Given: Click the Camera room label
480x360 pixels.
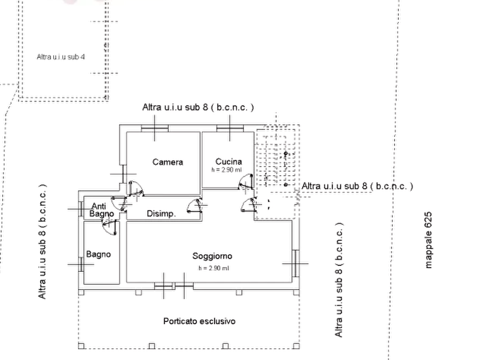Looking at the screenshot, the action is click(x=168, y=162).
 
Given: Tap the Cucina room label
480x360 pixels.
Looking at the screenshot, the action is click(x=228, y=161).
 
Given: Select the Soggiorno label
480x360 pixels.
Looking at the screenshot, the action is click(x=212, y=256).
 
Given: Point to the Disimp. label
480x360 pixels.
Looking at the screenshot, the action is click(x=161, y=214).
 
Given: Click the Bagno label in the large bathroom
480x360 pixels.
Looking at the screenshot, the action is click(x=98, y=254).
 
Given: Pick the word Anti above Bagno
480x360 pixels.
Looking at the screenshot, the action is click(x=98, y=206).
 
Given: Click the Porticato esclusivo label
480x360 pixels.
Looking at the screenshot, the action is click(x=199, y=321).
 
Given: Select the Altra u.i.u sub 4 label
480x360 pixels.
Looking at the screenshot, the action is click(x=61, y=57).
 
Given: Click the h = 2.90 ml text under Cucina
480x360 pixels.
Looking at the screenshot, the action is click(x=226, y=170).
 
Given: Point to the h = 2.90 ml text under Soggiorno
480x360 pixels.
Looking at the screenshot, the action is click(x=214, y=268).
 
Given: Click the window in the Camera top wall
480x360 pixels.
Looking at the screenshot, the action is click(x=155, y=128).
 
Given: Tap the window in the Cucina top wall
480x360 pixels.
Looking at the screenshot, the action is click(x=230, y=128).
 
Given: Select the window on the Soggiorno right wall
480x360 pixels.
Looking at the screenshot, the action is click(x=296, y=263).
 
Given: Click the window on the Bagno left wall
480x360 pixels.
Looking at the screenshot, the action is click(x=81, y=264).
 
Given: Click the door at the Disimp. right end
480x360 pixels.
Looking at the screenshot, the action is click(x=195, y=205).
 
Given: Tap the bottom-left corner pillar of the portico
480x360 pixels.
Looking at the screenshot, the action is click(x=81, y=346).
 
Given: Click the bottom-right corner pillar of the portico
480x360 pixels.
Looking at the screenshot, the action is click(x=296, y=346).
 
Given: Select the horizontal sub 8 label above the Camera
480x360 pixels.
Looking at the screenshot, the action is click(x=198, y=107).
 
